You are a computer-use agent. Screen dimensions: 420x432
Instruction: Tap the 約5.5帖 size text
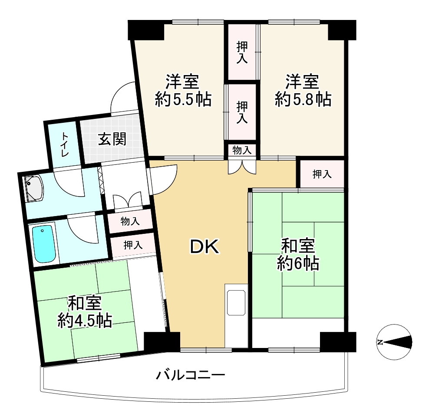pos(183,100)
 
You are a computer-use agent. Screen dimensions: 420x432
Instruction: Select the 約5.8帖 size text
pos(303,100)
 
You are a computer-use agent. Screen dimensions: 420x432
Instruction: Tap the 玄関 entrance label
pos(112,140)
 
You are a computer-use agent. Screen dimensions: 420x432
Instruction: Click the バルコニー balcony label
pos(191,374)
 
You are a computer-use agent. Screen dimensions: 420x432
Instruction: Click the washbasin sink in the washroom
pos(34,189)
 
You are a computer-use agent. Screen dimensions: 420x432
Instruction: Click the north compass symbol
pos(394,342)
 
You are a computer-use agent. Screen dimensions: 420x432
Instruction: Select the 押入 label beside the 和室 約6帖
pos(322,174)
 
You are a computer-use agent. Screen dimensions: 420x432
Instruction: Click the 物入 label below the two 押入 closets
pos(242,150)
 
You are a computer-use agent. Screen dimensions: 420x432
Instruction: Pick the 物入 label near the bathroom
pos(130,222)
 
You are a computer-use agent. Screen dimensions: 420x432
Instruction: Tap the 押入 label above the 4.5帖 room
pos(133,244)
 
